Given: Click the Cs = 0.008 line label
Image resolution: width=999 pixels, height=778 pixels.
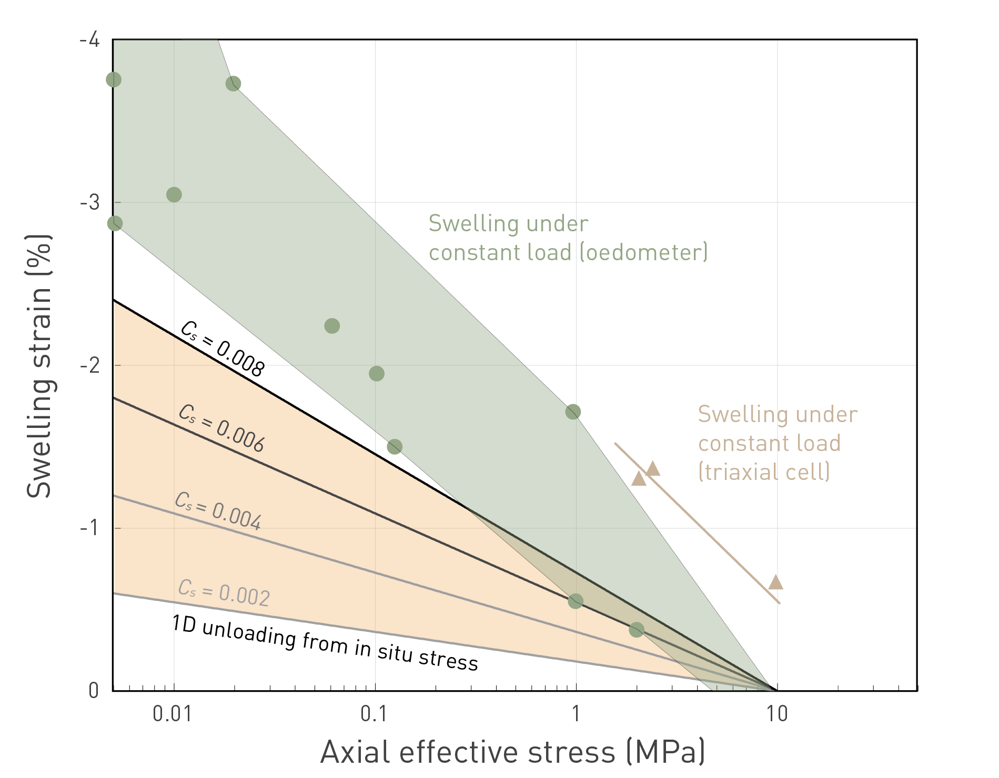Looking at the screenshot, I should click(x=222, y=349).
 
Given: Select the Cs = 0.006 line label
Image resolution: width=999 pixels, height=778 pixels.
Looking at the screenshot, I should click(x=221, y=428).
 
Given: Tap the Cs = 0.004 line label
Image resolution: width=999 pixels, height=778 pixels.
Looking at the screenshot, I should click(x=218, y=511).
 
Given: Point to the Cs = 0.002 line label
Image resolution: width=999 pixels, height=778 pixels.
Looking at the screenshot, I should click(x=224, y=592).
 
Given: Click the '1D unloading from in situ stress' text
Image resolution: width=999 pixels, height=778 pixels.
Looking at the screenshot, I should click(x=325, y=642).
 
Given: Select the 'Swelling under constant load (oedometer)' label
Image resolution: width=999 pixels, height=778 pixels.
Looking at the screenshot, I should click(x=568, y=238).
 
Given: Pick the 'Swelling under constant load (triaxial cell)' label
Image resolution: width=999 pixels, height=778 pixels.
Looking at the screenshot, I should click(x=777, y=443).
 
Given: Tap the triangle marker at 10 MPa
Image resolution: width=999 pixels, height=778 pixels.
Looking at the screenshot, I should click(x=775, y=582).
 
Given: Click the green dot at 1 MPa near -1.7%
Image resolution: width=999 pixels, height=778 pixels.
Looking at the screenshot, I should click(x=573, y=412).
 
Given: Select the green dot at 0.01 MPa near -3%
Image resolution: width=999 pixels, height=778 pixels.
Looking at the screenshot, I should click(x=174, y=194).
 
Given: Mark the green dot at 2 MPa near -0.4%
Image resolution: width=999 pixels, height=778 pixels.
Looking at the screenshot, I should click(x=637, y=629).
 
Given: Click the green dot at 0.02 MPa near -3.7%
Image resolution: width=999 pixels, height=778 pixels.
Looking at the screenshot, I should click(x=233, y=84).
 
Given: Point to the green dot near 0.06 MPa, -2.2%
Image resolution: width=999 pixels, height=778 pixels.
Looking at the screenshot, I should click(x=332, y=326).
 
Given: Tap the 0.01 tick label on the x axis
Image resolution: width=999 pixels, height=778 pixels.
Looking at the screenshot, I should click(x=172, y=714).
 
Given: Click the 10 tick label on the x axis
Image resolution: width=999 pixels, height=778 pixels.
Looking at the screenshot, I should click(x=776, y=714).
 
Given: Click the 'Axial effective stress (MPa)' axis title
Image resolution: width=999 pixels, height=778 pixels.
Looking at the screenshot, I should click(x=513, y=752).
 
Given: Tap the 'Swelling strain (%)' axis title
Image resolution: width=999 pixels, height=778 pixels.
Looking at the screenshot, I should click(x=39, y=366).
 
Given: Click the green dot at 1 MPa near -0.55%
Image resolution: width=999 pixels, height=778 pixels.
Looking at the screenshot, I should click(x=576, y=601).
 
